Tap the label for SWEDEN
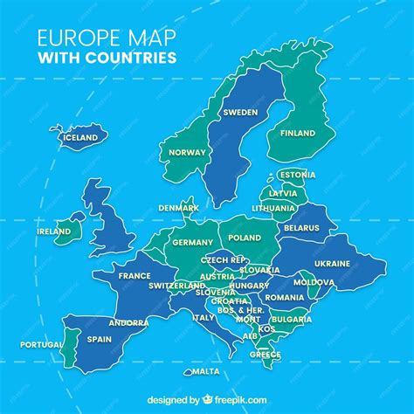click(x=240, y=113)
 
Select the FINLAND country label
click(x=298, y=134)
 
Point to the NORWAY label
click(x=187, y=152)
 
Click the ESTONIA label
click(x=297, y=175)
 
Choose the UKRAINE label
click(x=332, y=263)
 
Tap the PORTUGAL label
click(x=40, y=344)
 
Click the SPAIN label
click(x=99, y=339)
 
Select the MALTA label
click(x=206, y=371)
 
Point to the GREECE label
click(x=265, y=355)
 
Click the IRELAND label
click(x=54, y=231)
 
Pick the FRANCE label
click(x=135, y=276)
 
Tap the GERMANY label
click(x=192, y=242)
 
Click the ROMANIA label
click(x=286, y=298)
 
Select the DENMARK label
click(x=178, y=208)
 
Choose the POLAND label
click(x=244, y=238)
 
